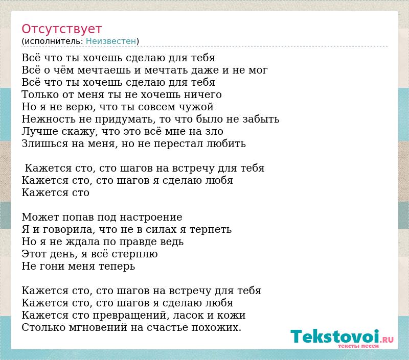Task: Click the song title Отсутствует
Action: [x=61, y=29]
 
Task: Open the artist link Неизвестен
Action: [x=111, y=41]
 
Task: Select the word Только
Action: [x=40, y=94]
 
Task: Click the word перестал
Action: [x=178, y=144]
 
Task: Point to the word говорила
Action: [x=67, y=229]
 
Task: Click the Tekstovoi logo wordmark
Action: [x=335, y=337]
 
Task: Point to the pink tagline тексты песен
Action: [x=358, y=346]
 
